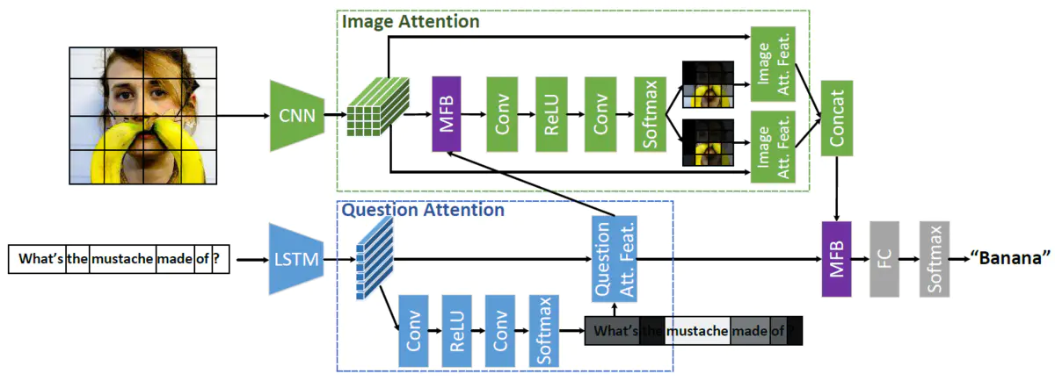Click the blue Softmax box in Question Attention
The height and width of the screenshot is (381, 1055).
pos(543,330)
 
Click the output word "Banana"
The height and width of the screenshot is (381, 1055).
pos(1010,259)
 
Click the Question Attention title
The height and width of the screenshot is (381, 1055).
pos(422,211)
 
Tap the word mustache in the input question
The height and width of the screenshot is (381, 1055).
pos(122,260)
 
